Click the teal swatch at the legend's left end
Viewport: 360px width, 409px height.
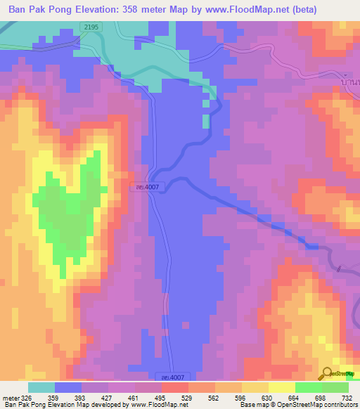pyautogui.click(x=41, y=387)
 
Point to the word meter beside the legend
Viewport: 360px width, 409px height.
pyautogui.click(x=8, y=398)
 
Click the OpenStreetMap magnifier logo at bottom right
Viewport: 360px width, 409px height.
pyautogui.click(x=328, y=373)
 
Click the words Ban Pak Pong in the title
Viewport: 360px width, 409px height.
pyautogui.click(x=41, y=10)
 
